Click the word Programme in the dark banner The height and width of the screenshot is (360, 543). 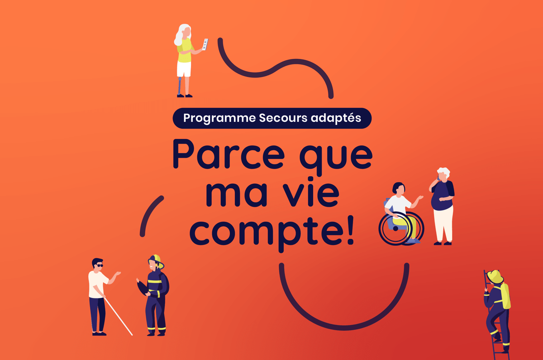(219, 118)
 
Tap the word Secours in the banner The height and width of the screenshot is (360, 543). (283, 118)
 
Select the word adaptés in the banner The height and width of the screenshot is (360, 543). (336, 118)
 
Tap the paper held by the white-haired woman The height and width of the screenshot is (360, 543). (205, 44)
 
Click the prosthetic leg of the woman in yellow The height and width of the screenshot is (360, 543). (180, 86)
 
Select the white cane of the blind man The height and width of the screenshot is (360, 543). (118, 316)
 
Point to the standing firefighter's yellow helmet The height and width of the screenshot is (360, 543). (157, 261)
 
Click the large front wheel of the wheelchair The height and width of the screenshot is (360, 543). (395, 228)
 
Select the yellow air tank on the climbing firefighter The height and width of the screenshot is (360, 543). (505, 296)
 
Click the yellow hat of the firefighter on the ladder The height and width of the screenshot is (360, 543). (495, 277)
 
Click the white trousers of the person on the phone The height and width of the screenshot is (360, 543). (443, 224)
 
